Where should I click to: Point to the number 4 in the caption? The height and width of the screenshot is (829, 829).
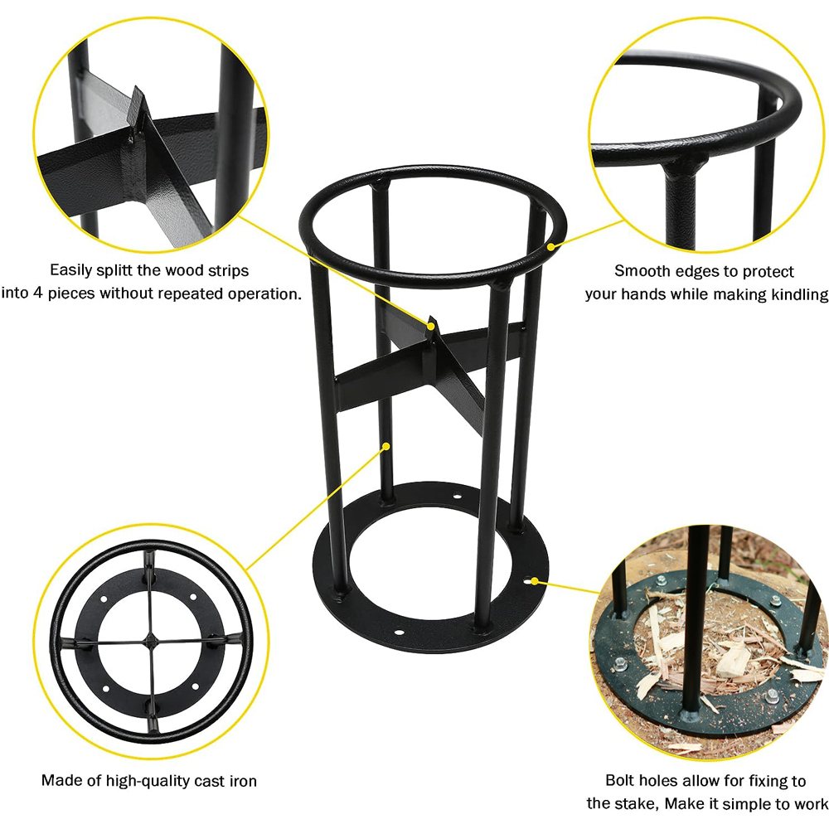tap(37, 293)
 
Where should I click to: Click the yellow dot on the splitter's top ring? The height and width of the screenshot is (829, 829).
tap(551, 246)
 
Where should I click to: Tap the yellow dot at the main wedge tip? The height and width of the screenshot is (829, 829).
tap(432, 326)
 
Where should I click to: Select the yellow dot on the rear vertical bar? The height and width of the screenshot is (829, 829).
tap(386, 447)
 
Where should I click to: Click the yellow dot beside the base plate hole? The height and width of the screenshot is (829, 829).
tap(535, 582)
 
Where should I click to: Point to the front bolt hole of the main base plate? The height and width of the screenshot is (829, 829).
tap(399, 632)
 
